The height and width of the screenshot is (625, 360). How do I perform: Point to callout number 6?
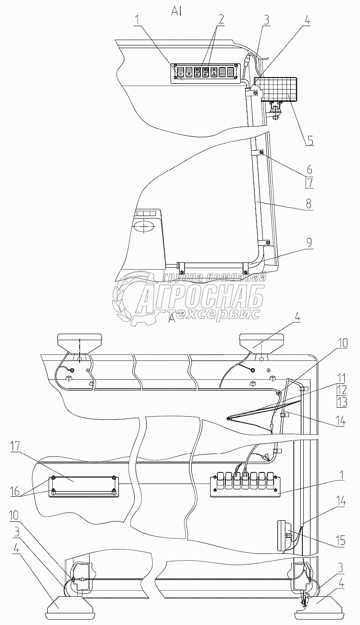click(x=309, y=170)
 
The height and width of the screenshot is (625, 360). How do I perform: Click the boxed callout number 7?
click(x=309, y=183)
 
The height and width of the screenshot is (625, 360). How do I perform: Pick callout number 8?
click(x=309, y=203)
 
